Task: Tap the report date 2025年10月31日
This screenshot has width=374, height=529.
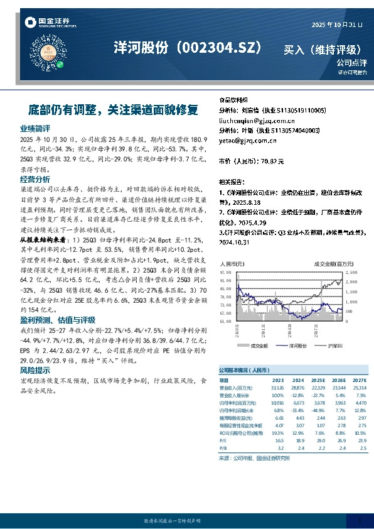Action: tap(337, 25)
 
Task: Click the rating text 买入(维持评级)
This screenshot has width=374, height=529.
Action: tap(323, 49)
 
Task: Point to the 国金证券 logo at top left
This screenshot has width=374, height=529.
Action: tap(44, 24)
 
